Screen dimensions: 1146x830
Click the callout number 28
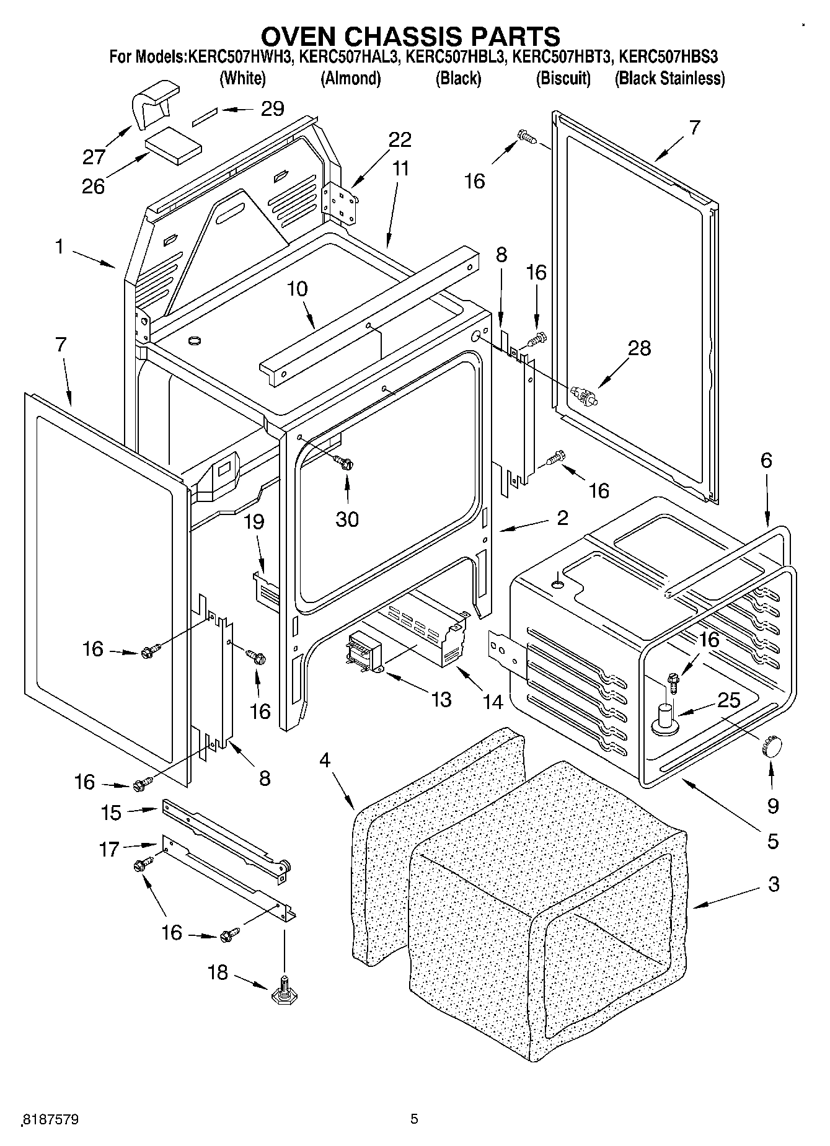(639, 348)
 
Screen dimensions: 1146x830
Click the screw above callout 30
(345, 462)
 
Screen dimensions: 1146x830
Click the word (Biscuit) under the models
(562, 79)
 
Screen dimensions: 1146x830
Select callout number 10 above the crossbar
(298, 289)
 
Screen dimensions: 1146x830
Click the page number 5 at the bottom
(414, 1119)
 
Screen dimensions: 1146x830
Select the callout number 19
(254, 522)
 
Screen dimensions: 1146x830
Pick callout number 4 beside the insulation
(325, 760)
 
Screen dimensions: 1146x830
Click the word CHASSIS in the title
(423, 35)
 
